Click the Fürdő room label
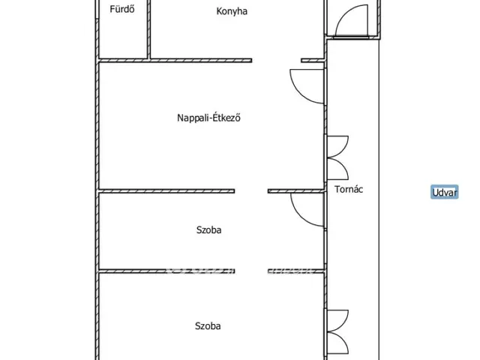122,9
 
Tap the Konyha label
232,11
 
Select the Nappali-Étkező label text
208,118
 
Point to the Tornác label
349,190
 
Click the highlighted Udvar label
445,192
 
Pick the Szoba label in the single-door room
208,230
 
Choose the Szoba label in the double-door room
208,326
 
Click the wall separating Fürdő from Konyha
148,29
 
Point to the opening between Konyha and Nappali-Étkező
277,61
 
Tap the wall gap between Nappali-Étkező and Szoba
251,191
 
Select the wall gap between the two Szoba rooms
251,271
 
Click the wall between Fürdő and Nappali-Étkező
123,61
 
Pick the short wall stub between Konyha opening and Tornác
313,61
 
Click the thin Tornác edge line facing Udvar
379,199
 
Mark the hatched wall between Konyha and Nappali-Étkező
201,61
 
